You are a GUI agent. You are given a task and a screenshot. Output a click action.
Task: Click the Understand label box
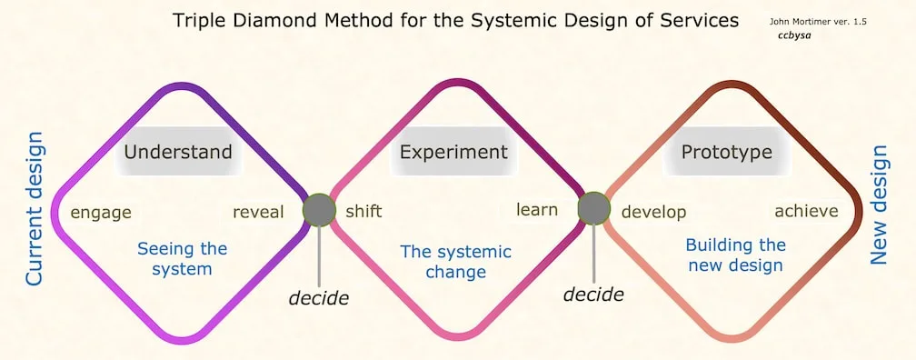178,151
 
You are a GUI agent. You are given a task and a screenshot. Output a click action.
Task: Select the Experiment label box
453,151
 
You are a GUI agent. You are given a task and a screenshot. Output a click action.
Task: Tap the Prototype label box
727,151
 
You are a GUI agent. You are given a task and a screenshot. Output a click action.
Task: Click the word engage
101,213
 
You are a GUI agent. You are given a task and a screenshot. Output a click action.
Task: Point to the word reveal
258,212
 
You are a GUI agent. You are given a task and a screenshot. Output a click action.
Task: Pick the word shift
363,212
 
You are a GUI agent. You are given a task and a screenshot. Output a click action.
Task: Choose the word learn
537,210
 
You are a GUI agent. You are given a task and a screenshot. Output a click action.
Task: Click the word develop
653,212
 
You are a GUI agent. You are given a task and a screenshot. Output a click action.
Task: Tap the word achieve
806,211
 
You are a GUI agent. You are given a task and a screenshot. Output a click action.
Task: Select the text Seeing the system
183,258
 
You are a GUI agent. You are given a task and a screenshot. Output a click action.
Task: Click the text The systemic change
456,261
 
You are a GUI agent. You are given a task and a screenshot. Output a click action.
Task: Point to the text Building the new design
735,255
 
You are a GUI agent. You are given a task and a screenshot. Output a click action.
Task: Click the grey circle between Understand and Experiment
319,210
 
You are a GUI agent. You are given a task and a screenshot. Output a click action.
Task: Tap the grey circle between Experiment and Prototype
594,208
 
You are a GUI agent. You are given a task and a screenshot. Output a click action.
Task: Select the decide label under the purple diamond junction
319,297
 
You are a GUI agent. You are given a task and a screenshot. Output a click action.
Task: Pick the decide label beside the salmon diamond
593,294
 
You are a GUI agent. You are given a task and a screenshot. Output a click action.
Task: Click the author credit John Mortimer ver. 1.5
817,20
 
